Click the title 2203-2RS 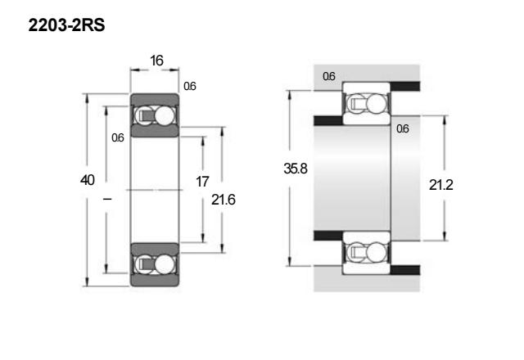click(66, 25)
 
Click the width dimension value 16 click(156, 61)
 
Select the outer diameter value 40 click(88, 180)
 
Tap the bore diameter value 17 click(202, 182)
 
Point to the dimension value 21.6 click(224, 200)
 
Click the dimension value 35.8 click(296, 169)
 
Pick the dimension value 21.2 click(440, 185)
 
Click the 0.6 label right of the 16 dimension click(190, 86)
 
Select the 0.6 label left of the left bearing click(118, 137)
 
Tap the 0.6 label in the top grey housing click(329, 76)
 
